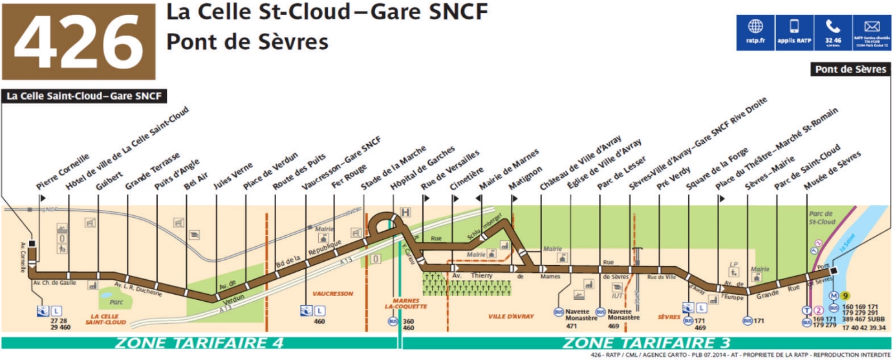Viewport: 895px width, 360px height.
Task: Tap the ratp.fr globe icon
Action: (x=755, y=27)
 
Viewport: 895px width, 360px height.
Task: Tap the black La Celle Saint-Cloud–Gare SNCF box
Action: (x=85, y=97)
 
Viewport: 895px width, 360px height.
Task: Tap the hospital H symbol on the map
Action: (x=405, y=211)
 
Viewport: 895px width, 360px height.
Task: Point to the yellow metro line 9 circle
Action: (x=845, y=296)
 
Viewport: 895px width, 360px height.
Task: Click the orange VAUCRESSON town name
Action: (x=332, y=293)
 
